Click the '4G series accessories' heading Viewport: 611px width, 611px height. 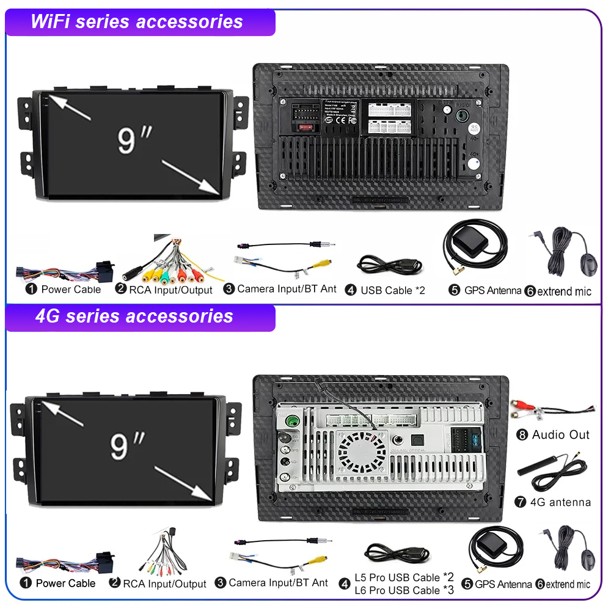coord(134,316)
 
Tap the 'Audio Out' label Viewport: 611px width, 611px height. coord(561,435)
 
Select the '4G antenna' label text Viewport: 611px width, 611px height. coord(560,502)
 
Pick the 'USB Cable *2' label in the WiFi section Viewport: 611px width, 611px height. coord(392,290)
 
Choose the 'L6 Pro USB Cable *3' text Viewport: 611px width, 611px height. coord(404,590)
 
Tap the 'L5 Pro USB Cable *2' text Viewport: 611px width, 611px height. coord(404,577)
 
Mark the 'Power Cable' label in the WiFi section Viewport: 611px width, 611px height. coord(71,289)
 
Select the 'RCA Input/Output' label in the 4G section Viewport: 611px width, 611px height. coord(164,584)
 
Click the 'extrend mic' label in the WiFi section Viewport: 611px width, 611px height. coord(565,291)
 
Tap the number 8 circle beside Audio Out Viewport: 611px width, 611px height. coord(522,435)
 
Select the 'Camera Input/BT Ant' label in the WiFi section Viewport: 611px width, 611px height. coord(287,288)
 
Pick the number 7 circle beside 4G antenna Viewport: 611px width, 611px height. coord(521,502)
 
